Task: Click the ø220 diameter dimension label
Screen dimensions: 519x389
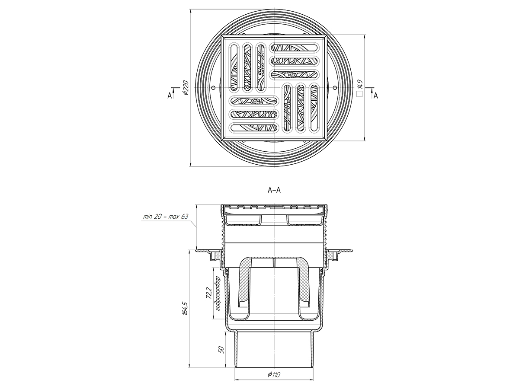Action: tap(186, 88)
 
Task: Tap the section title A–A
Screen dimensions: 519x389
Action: tap(274, 190)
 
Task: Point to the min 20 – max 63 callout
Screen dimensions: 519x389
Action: tap(166, 217)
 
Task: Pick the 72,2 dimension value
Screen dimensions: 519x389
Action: tap(209, 293)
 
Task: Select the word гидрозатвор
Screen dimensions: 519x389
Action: tap(217, 293)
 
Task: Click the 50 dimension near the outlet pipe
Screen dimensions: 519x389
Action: tap(221, 350)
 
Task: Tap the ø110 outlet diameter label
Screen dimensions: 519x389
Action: tap(274, 374)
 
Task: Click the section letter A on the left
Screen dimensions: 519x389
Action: tap(170, 96)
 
